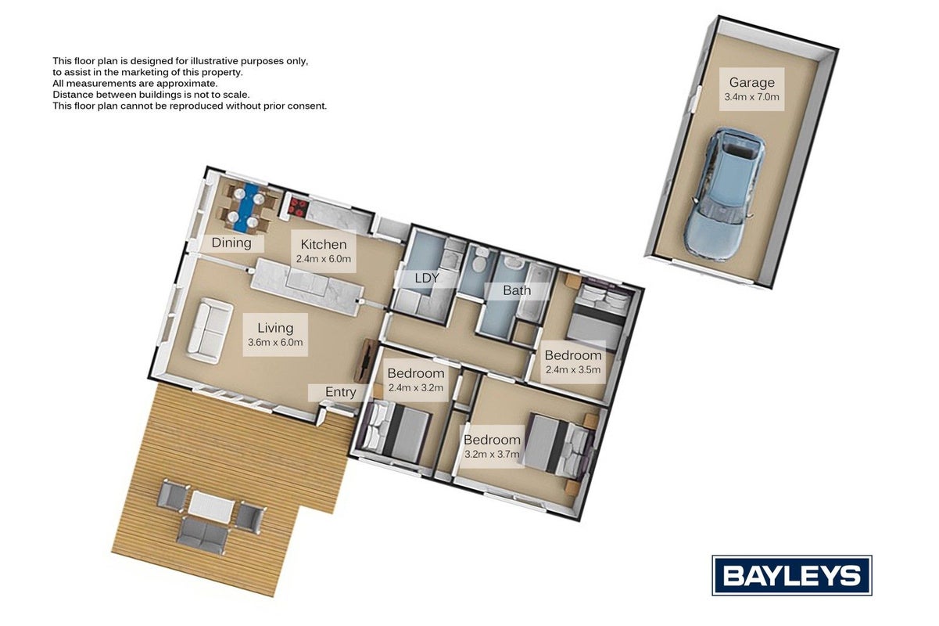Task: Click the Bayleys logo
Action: [792, 575]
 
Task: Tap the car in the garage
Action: [725, 194]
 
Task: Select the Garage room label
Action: [751, 83]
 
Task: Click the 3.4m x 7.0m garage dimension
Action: [751, 97]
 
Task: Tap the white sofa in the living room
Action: [210, 330]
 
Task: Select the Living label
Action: [275, 328]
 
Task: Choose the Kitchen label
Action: [324, 244]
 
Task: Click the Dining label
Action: [231, 243]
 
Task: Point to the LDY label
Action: [427, 278]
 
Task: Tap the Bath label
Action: [517, 290]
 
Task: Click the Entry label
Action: [340, 392]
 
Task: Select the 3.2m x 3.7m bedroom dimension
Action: [492, 455]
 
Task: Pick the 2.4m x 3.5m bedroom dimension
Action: [573, 369]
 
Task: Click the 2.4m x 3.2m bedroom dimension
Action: [416, 387]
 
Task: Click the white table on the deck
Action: [210, 507]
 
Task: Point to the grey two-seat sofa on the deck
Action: [204, 535]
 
